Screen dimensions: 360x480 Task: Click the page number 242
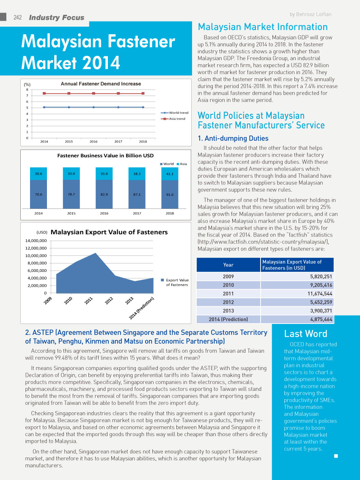[x=18, y=17]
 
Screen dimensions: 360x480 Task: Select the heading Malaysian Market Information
[x=263, y=27]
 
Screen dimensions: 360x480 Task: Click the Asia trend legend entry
[x=173, y=119]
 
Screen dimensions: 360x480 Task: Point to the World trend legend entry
[x=175, y=112]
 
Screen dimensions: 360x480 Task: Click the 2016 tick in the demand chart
[x=93, y=141]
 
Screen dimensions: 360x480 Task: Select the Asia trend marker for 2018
[x=143, y=93]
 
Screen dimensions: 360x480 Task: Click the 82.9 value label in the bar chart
[x=104, y=195]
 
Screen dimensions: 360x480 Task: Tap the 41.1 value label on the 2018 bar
[x=170, y=174]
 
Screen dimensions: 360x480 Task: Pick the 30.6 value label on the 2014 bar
[x=38, y=173]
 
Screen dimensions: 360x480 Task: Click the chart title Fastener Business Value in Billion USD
[x=106, y=156]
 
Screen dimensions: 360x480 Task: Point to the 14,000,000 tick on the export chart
[x=36, y=241]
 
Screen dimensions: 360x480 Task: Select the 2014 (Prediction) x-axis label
[x=141, y=308]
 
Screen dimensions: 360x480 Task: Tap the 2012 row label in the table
[x=228, y=302]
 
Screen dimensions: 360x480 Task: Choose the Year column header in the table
[x=228, y=265]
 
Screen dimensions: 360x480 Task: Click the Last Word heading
[x=305, y=334]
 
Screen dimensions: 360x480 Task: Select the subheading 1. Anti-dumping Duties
[x=233, y=138]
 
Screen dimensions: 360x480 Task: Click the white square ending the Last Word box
[x=336, y=456]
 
